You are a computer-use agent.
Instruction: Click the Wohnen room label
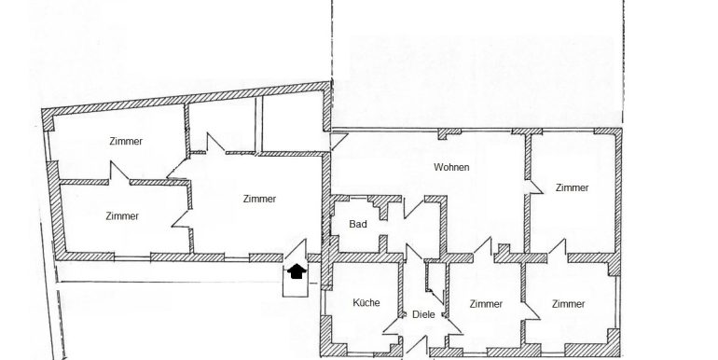450,168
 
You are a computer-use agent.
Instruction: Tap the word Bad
355,224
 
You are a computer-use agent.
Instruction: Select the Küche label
366,304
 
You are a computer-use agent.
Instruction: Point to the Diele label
423,314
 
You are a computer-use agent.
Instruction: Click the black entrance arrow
296,272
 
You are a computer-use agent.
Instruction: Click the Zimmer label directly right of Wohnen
572,187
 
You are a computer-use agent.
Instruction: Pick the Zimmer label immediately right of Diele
486,304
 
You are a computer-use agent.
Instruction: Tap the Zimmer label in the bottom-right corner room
568,304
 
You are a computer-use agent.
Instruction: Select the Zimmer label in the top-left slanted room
125,141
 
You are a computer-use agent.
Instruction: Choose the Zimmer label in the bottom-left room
122,215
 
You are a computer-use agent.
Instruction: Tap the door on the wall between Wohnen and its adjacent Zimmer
532,184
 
